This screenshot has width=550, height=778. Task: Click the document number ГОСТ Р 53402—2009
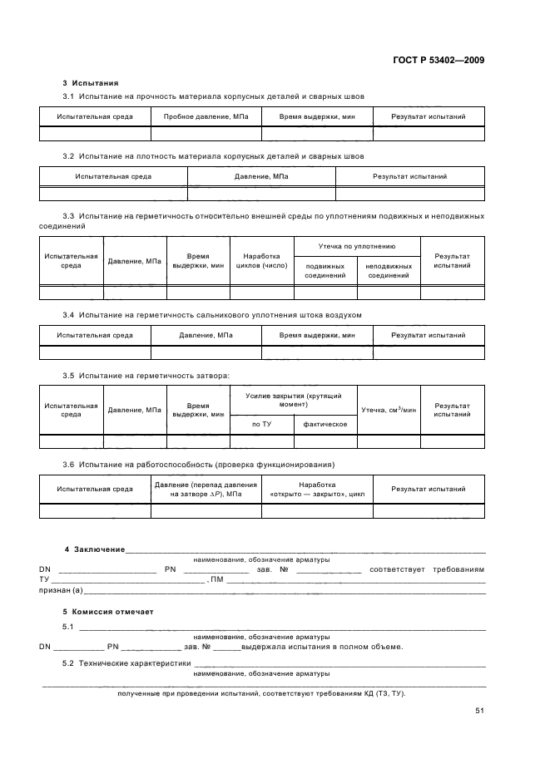(443, 61)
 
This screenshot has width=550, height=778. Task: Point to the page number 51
(480, 711)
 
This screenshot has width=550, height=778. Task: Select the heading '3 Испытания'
(91, 83)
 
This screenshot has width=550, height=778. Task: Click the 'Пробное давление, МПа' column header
(206, 117)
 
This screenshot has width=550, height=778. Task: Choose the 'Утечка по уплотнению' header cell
(357, 246)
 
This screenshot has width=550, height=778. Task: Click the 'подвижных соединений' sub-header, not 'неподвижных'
(325, 271)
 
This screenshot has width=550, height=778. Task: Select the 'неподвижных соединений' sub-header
(389, 271)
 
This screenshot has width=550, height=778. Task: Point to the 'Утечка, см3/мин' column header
(388, 410)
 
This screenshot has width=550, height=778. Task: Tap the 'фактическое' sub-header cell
(325, 425)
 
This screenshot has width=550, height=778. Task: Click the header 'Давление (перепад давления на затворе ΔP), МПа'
(206, 489)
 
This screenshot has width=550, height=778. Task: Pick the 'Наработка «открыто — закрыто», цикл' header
(317, 489)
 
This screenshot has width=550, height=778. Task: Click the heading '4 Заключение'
(95, 549)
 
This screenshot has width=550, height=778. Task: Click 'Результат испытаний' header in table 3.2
(409, 176)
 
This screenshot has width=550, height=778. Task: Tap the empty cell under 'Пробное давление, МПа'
(206, 134)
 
